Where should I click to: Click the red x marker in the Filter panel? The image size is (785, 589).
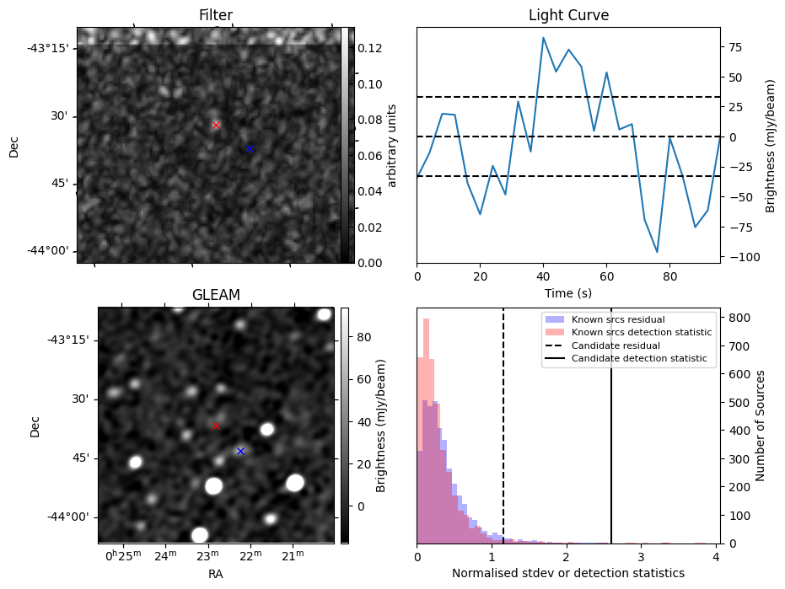(x=216, y=125)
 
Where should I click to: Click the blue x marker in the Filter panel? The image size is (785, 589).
(x=250, y=149)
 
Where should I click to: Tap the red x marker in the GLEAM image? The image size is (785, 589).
(x=216, y=426)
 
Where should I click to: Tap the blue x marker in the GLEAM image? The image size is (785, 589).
(x=240, y=451)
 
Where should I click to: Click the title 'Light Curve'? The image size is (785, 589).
(x=568, y=15)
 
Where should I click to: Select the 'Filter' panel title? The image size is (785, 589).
(x=216, y=15)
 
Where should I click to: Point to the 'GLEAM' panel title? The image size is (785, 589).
(x=216, y=295)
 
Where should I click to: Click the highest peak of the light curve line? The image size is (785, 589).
(x=543, y=38)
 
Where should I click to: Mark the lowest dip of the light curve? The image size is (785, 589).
(x=657, y=252)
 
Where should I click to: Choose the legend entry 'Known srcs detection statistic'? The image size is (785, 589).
(x=641, y=332)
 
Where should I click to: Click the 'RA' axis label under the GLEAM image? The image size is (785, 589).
(x=216, y=574)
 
